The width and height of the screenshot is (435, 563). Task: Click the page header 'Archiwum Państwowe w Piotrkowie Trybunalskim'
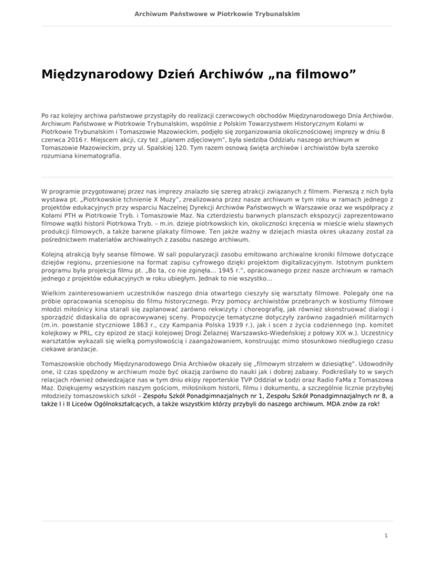(x=217, y=12)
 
